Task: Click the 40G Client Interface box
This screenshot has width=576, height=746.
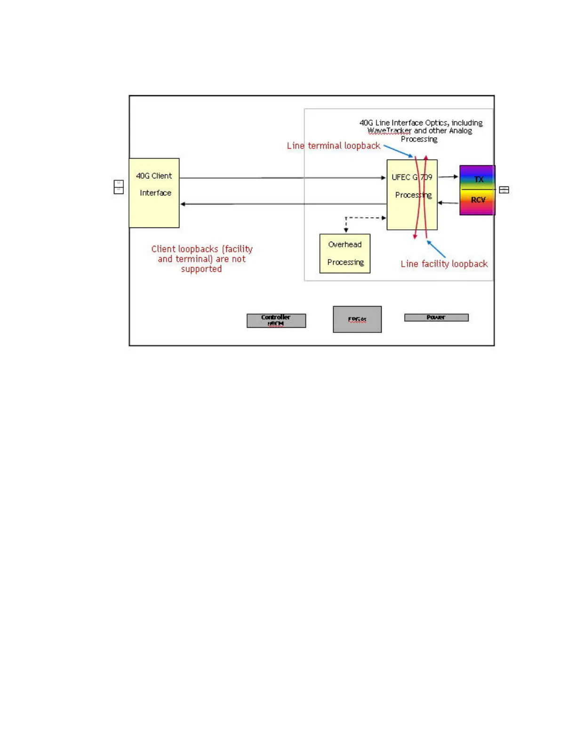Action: click(154, 193)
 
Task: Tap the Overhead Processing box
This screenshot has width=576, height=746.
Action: click(345, 253)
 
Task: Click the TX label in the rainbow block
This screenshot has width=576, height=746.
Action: click(479, 179)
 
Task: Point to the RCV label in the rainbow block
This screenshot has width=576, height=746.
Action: click(478, 200)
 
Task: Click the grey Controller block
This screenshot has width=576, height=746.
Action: click(276, 320)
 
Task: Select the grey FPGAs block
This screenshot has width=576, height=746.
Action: click(357, 319)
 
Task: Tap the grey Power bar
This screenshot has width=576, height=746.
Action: click(436, 317)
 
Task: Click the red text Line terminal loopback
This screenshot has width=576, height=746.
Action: click(334, 146)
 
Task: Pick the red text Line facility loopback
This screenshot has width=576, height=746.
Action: click(444, 264)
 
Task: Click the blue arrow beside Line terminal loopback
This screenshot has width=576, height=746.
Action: click(398, 151)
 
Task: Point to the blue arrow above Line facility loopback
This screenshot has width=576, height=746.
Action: click(436, 249)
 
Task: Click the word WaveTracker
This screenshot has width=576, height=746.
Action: click(389, 130)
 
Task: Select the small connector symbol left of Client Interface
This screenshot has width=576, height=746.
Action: click(119, 187)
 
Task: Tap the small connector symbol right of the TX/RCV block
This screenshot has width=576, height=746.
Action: click(504, 190)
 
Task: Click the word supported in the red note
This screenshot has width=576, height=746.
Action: click(201, 269)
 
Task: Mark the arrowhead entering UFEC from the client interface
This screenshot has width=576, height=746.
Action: click(384, 178)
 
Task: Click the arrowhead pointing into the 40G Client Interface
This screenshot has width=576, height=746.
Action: click(183, 204)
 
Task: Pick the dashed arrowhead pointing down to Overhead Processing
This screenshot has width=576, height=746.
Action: click(346, 230)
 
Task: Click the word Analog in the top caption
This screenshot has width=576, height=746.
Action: click(460, 130)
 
